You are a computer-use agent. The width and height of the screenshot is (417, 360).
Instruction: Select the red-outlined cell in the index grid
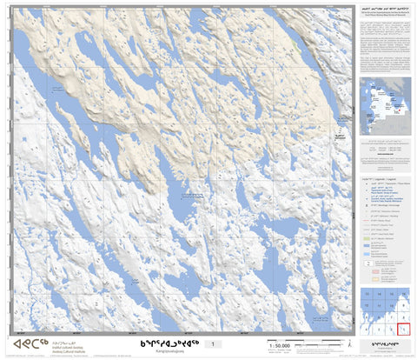click(x=402, y=328)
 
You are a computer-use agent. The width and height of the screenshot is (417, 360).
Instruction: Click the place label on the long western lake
click(x=56, y=90)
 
